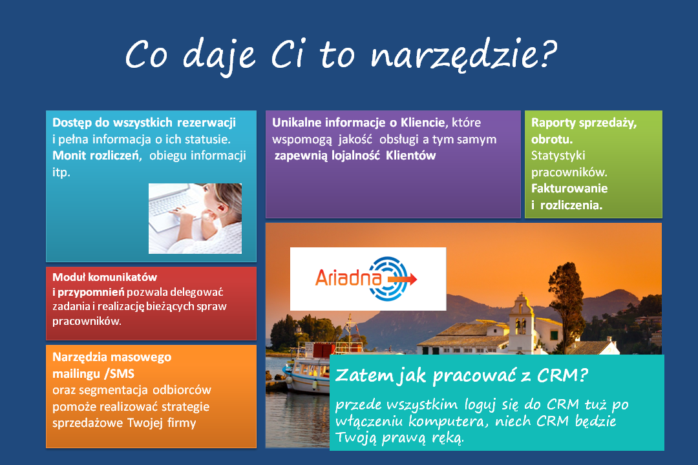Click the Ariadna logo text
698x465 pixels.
click(348, 278)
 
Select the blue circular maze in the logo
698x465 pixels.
click(388, 279)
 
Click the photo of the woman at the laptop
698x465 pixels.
click(195, 218)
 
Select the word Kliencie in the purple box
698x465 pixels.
click(423, 122)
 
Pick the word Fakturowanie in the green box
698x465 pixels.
click(569, 188)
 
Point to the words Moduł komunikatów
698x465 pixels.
click(105, 277)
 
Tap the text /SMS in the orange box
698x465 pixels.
click(120, 374)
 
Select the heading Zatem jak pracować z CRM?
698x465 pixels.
click(461, 375)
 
